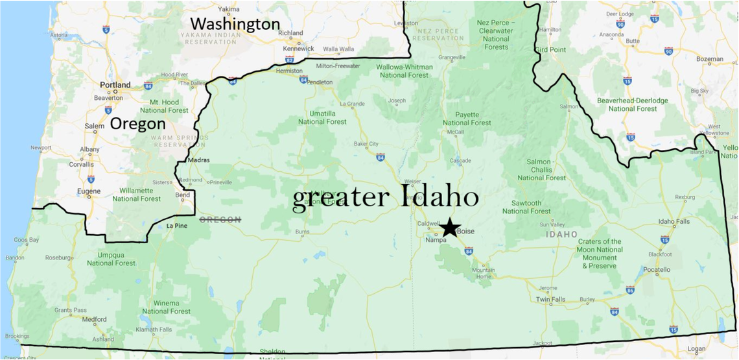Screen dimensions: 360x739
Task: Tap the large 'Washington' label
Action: click(235, 24)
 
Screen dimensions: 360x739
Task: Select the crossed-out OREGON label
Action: click(220, 220)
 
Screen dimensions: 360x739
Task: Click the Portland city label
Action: click(115, 85)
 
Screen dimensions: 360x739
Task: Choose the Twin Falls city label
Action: click(550, 300)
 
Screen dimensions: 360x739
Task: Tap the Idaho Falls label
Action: click(675, 222)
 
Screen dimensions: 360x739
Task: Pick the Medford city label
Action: click(94, 319)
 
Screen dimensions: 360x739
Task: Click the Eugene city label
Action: click(89, 191)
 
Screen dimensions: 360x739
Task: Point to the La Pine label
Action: click(176, 226)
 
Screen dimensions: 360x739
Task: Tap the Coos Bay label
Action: click(27, 240)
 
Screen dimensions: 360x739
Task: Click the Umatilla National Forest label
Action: click(322, 117)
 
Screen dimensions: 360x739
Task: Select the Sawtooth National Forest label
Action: click(526, 206)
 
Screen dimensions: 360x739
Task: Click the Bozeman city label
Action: click(710, 59)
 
